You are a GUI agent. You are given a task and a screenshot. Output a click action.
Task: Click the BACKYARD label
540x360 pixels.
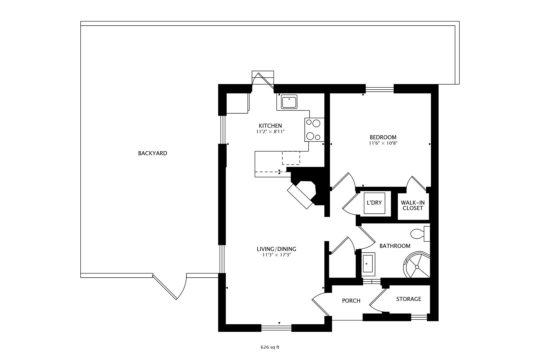(152, 153)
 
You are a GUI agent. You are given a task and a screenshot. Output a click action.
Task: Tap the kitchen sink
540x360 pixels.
(289, 102)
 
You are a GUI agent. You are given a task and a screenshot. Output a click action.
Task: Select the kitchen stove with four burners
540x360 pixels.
(314, 130)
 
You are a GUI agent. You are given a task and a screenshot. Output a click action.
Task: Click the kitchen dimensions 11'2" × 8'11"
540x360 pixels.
(270, 132)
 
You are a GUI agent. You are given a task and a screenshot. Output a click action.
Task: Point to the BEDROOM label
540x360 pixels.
(383, 137)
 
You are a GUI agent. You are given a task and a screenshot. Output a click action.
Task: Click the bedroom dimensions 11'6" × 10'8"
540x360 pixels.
(383, 143)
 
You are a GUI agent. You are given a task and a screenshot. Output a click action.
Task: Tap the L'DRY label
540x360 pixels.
(374, 203)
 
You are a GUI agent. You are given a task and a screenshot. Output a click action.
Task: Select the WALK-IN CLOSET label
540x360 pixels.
(413, 205)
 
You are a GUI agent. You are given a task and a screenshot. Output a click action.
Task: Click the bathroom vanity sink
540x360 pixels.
(368, 264)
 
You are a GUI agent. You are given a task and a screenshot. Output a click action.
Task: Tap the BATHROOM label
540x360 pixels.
(395, 246)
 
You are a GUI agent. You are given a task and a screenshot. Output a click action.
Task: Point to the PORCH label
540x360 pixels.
(351, 301)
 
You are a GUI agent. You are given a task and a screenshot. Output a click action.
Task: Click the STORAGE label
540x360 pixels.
(409, 299)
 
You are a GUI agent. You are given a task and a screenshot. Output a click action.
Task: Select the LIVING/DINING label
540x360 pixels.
(276, 249)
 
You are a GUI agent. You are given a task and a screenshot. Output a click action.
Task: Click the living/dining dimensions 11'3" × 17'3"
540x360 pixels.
(277, 255)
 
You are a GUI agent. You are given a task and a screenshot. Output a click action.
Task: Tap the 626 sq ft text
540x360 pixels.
(270, 347)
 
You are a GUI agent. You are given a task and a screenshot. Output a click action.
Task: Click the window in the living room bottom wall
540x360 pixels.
(277, 328)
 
